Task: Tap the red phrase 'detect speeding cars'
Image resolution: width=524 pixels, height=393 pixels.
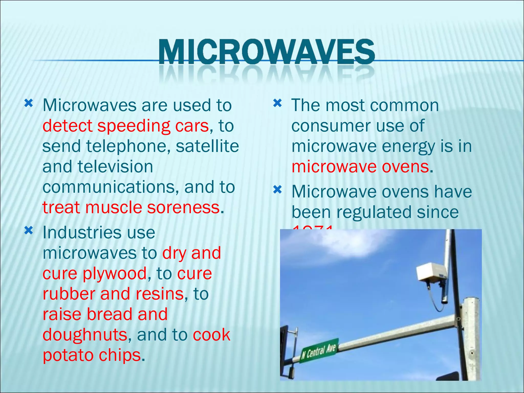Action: [125, 126]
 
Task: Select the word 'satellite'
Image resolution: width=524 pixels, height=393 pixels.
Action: [207, 146]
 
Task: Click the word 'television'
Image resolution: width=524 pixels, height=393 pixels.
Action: [115, 167]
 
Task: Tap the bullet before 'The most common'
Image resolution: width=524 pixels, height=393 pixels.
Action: [277, 103]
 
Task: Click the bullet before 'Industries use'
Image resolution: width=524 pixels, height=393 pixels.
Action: [29, 231]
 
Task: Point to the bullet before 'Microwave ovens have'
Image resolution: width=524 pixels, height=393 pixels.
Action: [277, 190]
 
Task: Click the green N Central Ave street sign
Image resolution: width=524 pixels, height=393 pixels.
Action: [319, 350]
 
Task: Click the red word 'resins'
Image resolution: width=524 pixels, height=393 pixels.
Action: [160, 294]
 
